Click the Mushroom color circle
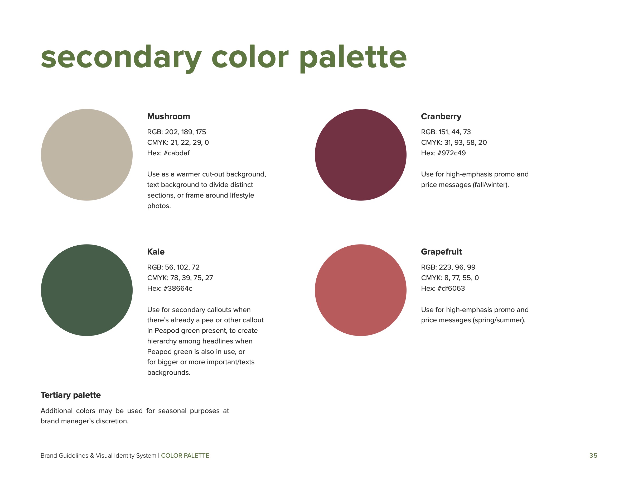point(87,155)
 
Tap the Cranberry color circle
point(360,155)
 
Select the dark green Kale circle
point(87,290)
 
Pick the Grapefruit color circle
point(360,290)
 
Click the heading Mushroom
point(168,116)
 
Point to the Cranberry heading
point(441,117)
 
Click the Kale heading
point(156,252)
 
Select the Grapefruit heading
point(441,252)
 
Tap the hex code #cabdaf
point(176,153)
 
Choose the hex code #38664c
point(178,288)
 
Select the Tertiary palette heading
point(71,395)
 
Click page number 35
point(593,456)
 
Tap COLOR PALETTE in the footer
point(185,456)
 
